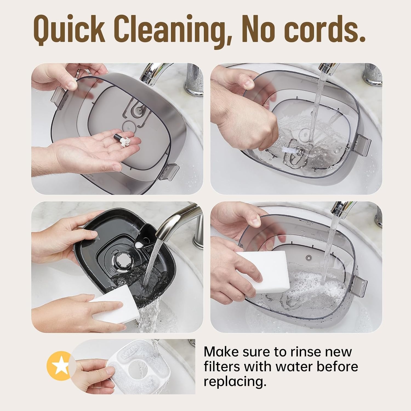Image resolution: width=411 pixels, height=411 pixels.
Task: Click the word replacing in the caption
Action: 235,382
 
